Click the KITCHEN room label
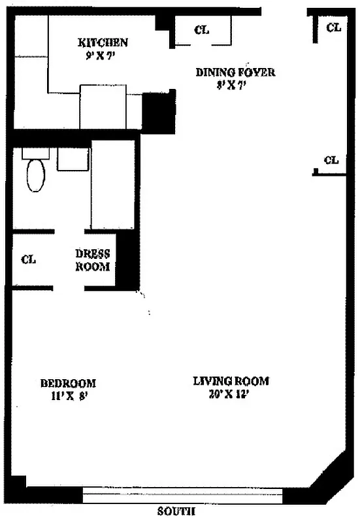pyautogui.click(x=103, y=42)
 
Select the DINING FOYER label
pyautogui.click(x=235, y=72)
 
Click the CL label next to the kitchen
pyautogui.click(x=202, y=30)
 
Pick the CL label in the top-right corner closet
pyautogui.click(x=333, y=27)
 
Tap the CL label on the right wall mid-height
pyautogui.click(x=331, y=160)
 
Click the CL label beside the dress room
pyautogui.click(x=28, y=260)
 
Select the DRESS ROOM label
pyautogui.click(x=93, y=260)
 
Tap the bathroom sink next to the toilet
pyautogui.click(x=73, y=160)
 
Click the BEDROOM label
pyautogui.click(x=68, y=383)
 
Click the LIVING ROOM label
pyautogui.click(x=231, y=381)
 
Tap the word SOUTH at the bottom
pyautogui.click(x=177, y=512)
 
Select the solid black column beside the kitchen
pyautogui.click(x=157, y=112)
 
